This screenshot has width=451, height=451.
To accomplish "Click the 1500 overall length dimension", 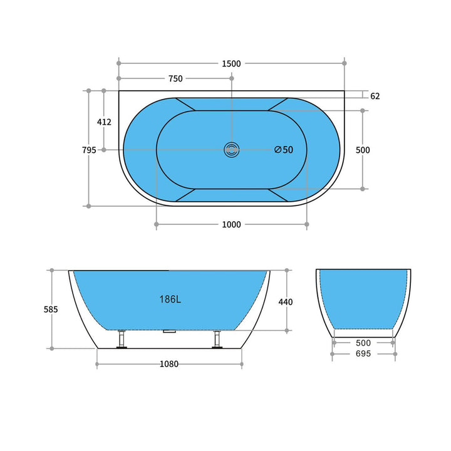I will pos(231,63).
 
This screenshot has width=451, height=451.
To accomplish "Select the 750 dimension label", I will pos(175,79).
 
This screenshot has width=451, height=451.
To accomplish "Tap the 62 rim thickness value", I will pos(375,96).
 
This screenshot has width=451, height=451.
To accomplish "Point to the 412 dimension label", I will pos(104,122).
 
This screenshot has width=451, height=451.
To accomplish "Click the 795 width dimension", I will pos(89,150).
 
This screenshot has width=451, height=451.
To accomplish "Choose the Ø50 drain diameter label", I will pos(284,150).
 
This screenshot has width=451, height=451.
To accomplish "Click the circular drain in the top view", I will pos(232,150).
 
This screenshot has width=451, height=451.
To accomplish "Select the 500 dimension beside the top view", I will pos(363,150).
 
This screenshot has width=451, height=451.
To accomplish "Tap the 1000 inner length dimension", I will pos(231,225).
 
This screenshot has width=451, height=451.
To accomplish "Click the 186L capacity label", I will pos(170,299).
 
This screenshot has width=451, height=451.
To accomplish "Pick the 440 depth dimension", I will pos(286,302).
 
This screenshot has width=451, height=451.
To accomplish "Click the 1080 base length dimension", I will pos(168,364).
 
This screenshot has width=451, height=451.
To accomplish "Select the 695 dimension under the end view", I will pos(363,354).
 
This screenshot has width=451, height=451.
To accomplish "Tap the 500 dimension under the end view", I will pos(363,343).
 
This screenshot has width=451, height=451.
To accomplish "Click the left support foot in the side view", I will pos(123,340).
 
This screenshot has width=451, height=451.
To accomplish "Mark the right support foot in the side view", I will pos(217,340).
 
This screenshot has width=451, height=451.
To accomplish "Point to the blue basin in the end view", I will pos(363,298).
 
